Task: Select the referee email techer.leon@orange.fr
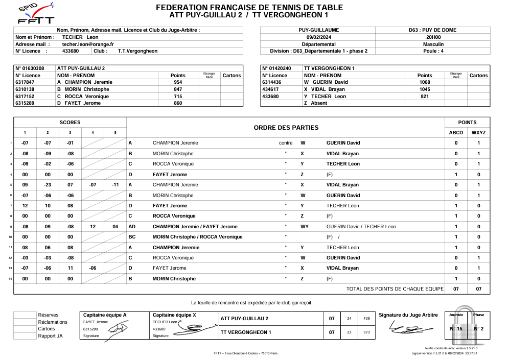(x=88, y=44)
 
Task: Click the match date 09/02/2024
(x=318, y=37)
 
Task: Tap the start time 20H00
(x=433, y=37)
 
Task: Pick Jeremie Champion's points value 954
(x=178, y=82)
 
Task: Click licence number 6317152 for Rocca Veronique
(x=25, y=96)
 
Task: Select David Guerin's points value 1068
(x=424, y=82)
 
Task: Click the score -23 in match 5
(x=48, y=185)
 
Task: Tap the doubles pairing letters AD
(x=132, y=227)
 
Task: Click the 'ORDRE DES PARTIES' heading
(x=286, y=128)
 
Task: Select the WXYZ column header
(x=478, y=133)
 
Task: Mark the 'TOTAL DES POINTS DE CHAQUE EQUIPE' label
(x=395, y=289)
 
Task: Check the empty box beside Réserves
(x=25, y=315)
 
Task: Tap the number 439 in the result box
(x=366, y=319)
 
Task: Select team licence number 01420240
(x=277, y=68)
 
